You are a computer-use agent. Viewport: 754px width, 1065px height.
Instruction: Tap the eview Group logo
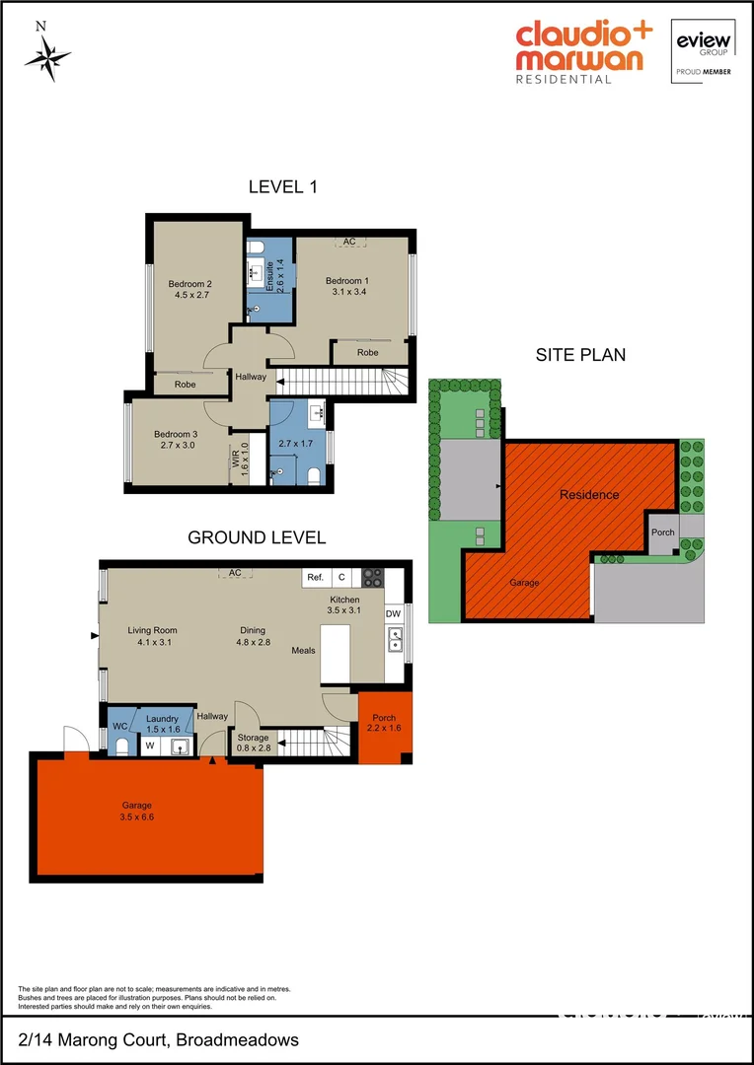click(701, 50)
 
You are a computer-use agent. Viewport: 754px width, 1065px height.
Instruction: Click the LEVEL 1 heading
click(282, 186)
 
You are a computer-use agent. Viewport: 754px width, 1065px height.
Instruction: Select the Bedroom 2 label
click(190, 283)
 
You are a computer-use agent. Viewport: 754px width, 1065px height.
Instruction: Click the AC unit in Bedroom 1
click(349, 242)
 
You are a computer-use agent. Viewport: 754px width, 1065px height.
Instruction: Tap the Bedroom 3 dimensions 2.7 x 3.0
click(176, 446)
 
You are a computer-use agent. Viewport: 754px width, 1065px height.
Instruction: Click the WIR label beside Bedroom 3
click(236, 459)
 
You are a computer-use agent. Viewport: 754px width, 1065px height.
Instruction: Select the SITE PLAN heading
click(580, 355)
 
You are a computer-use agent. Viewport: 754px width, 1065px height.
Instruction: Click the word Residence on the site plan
click(589, 494)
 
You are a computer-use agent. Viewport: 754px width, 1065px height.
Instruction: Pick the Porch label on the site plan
click(663, 532)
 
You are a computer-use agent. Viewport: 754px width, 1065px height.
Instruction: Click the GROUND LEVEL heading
click(257, 537)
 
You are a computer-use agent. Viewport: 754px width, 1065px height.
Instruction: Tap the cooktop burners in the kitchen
click(373, 578)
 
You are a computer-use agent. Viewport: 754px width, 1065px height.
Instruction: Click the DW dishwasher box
click(394, 613)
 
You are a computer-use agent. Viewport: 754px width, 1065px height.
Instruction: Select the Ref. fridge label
click(316, 578)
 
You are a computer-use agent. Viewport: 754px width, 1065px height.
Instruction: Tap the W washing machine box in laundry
click(150, 746)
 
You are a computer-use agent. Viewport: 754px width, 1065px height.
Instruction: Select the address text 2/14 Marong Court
click(96, 1040)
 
